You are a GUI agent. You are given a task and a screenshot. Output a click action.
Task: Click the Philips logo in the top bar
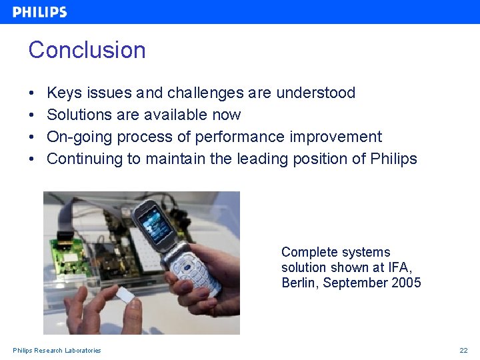40,12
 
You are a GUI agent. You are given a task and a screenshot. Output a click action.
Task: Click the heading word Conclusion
87,50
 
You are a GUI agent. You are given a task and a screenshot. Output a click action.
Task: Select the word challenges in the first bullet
207,93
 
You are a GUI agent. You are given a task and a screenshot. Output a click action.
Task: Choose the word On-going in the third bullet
79,137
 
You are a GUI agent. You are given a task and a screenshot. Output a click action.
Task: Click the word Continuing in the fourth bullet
85,159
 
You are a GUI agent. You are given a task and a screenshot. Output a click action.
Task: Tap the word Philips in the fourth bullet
393,159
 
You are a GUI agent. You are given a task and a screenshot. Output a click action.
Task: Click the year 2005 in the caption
406,283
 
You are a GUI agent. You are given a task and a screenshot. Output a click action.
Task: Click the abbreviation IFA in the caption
399,267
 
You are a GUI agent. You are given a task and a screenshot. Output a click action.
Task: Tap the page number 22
463,351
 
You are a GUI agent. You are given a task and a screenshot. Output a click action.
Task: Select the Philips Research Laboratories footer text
57,351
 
